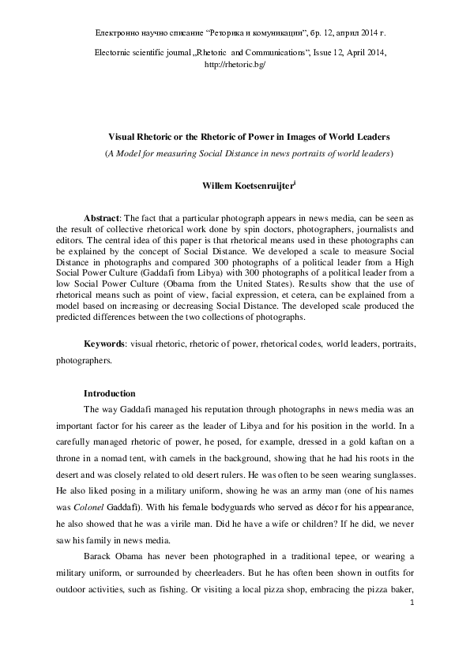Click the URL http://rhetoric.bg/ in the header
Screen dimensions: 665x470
tap(235, 64)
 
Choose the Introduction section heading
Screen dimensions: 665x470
tap(110, 393)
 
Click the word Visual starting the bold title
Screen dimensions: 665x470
tap(123, 137)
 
